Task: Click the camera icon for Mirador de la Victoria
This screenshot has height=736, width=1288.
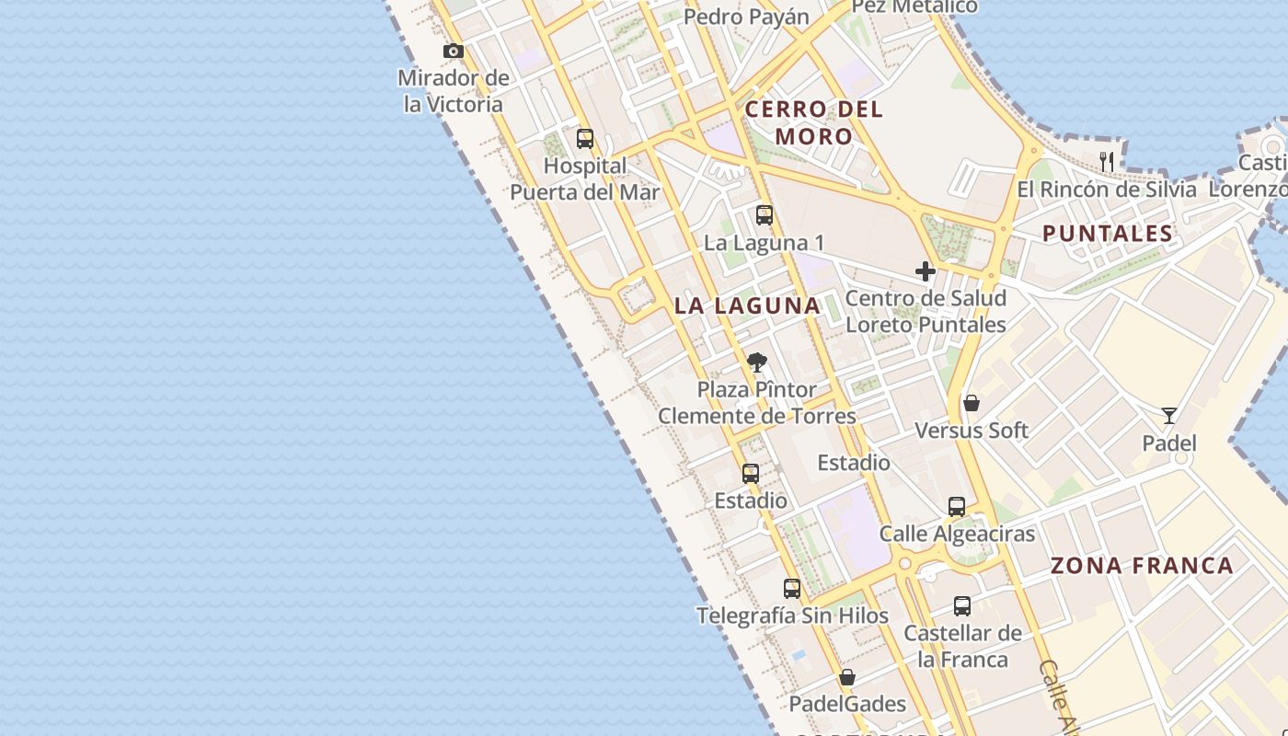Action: (x=454, y=52)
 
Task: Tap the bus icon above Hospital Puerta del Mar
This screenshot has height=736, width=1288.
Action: (x=585, y=139)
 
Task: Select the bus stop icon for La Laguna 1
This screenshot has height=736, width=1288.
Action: (x=764, y=215)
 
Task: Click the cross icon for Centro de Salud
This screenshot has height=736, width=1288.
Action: (x=926, y=271)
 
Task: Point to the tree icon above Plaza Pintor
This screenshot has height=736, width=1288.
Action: (x=757, y=362)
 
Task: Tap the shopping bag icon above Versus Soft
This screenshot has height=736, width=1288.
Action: (x=972, y=403)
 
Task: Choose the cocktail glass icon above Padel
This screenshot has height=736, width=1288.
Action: (x=1168, y=416)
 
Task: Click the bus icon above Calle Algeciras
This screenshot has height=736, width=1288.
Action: (x=957, y=507)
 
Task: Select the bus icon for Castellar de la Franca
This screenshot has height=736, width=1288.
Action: (x=962, y=606)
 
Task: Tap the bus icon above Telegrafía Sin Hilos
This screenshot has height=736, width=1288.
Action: (x=792, y=589)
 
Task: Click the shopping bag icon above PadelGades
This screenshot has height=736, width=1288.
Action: (x=847, y=677)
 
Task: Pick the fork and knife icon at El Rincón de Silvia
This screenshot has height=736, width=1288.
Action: (x=1107, y=162)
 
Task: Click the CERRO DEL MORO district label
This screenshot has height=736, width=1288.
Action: (x=813, y=122)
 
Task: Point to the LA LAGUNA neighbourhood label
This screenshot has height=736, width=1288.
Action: (x=747, y=305)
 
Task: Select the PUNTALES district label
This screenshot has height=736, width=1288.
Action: (x=1108, y=234)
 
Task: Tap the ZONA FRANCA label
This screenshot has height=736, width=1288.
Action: (x=1142, y=566)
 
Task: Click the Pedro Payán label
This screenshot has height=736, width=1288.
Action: (x=747, y=17)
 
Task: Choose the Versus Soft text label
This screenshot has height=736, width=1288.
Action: (x=972, y=431)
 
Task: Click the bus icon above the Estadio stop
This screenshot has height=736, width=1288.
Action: (x=751, y=474)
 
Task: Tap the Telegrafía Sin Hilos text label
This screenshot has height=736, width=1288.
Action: (x=793, y=615)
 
